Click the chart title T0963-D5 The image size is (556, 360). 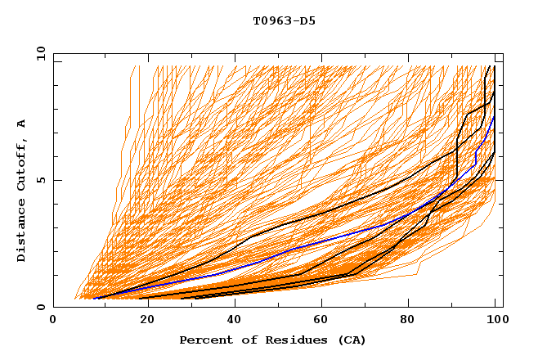pos(284,21)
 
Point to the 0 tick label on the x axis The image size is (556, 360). pos(53,321)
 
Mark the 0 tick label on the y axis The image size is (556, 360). pos(40,308)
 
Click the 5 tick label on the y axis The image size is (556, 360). pos(40,180)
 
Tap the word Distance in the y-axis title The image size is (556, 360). pos(21,232)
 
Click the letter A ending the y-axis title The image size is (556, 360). pos(21,124)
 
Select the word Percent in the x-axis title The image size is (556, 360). pos(204,340)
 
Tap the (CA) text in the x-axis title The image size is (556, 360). pos(350,340)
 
